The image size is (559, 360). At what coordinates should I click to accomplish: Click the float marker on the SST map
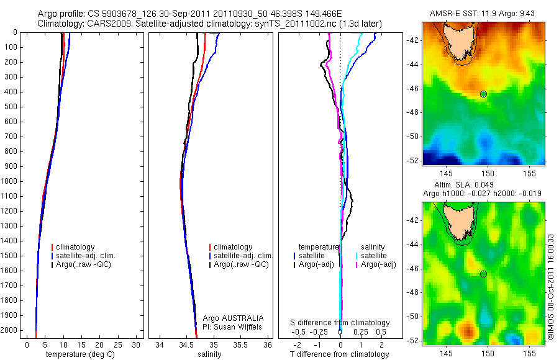click(x=484, y=94)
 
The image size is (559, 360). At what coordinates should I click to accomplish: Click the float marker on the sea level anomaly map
click(x=484, y=274)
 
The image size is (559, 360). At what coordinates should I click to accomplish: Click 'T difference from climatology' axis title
click(x=339, y=354)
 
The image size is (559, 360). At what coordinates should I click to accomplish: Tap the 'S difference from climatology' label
click(x=340, y=323)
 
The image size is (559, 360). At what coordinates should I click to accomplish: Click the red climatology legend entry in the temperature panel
click(x=75, y=247)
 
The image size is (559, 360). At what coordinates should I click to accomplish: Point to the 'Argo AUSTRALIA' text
click(x=233, y=318)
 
